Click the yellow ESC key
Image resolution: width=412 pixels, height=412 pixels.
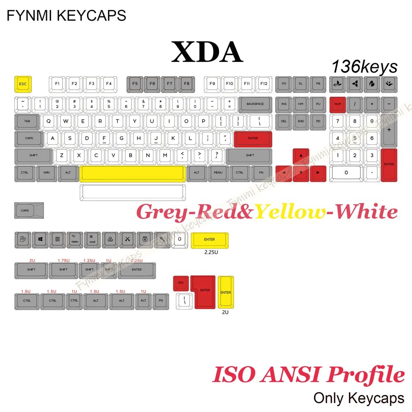[23, 84]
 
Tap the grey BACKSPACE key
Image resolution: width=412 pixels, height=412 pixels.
[255, 104]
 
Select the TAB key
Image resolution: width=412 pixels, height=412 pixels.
[27, 121]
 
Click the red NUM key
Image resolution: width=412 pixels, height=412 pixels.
[337, 104]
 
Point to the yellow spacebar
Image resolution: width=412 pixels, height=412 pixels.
[132, 173]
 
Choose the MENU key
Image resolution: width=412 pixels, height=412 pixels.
[218, 173]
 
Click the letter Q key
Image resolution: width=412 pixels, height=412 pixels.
[49, 121]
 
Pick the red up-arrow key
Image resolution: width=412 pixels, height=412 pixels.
[301, 156]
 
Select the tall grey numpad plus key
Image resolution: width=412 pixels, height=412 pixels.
[389, 130]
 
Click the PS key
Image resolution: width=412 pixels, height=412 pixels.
[283, 84]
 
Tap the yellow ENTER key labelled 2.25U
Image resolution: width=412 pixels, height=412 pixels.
[209, 240]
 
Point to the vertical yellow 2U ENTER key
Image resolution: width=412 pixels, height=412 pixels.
[225, 292]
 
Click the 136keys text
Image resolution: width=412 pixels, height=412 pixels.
[364, 66]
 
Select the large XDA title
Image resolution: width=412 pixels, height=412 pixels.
[207, 52]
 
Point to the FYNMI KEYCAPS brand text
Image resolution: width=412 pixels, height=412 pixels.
[66, 15]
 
